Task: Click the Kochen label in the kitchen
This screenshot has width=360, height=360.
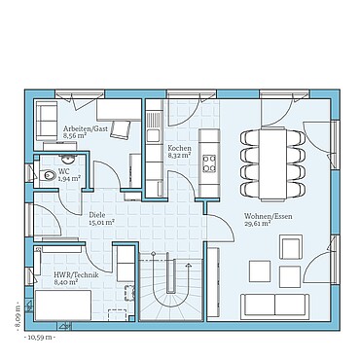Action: [x=179, y=147]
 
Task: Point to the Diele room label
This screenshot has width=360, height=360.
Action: [x=97, y=214]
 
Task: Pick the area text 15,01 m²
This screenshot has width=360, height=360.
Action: [x=102, y=222]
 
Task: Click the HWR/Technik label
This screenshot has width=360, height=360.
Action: [x=75, y=275]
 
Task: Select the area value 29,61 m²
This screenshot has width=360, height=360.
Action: [x=260, y=224]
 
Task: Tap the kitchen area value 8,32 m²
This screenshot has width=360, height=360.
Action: [x=179, y=155]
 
